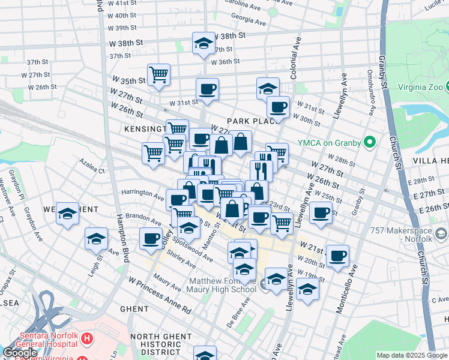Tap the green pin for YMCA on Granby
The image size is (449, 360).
(x=370, y=143)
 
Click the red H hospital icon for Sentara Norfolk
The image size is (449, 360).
(x=88, y=339)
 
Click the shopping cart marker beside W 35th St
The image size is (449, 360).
(x=158, y=75)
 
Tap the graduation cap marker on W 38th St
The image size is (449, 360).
(x=203, y=43)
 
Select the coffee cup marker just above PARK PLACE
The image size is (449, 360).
(x=277, y=107)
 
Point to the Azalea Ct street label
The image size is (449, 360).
(x=92, y=166)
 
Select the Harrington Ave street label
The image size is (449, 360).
(x=142, y=196)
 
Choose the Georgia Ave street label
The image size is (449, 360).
(x=249, y=19)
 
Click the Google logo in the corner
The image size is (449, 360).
(x=20, y=353)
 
